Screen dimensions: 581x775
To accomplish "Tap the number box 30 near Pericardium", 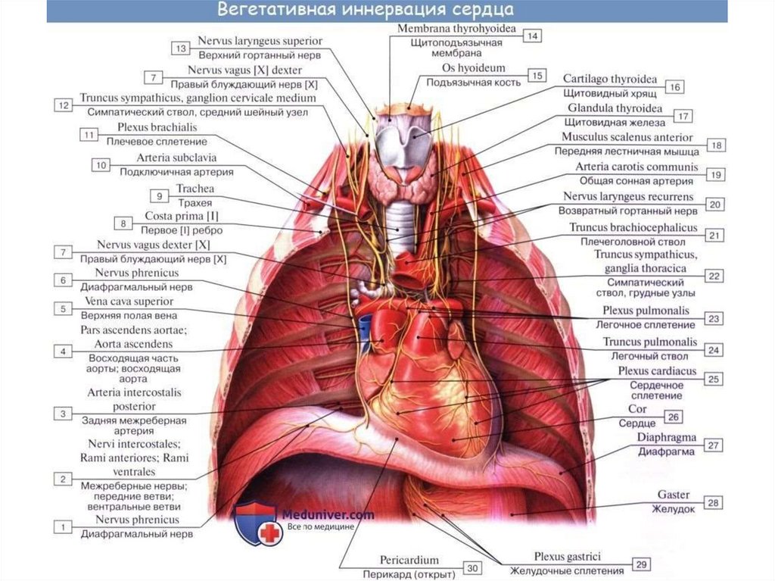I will point(472,567).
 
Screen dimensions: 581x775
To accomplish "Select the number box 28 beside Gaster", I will point(712,502).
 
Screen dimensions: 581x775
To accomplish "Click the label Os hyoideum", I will point(474,69).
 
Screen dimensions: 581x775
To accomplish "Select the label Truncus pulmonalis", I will point(650,342).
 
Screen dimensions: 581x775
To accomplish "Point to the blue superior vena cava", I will point(366,326).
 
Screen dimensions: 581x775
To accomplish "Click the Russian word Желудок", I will point(673,509).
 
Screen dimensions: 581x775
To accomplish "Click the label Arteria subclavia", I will point(176,158).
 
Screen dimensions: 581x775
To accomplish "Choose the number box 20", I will point(714,203).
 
